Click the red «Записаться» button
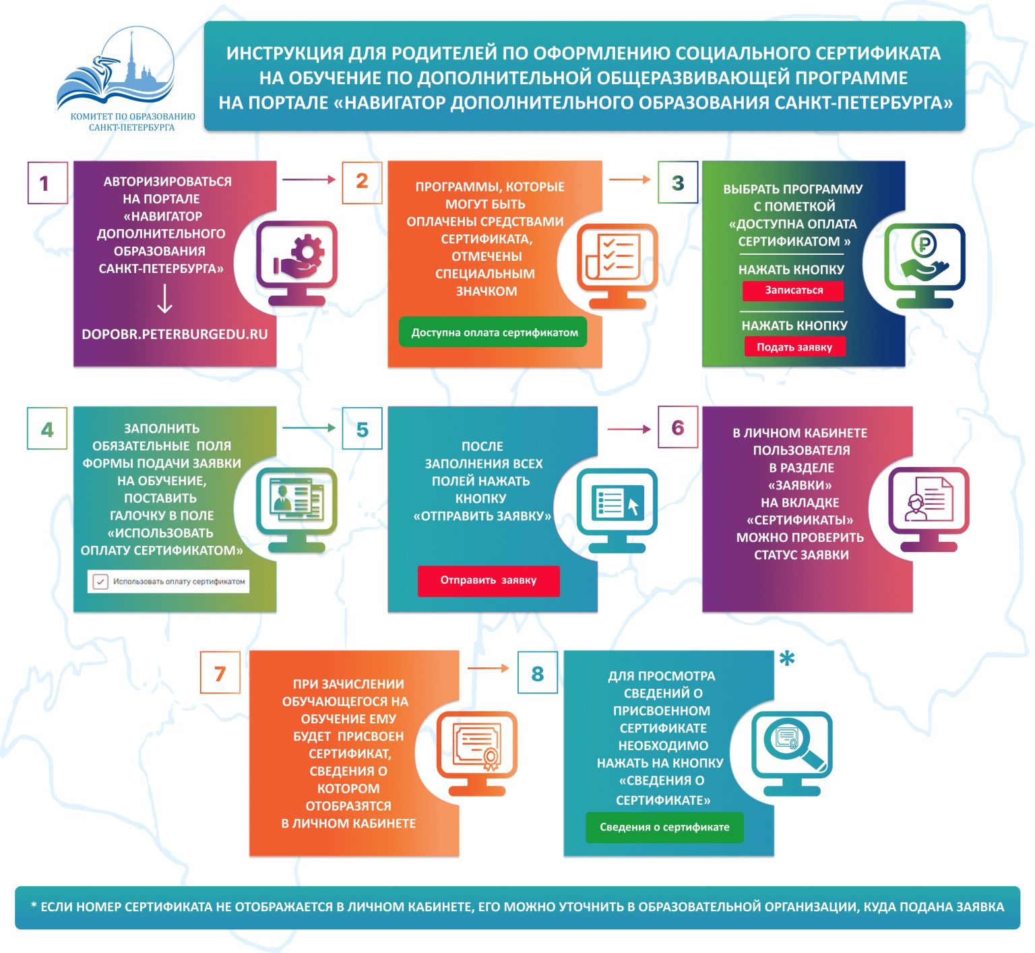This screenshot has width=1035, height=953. [x=793, y=290]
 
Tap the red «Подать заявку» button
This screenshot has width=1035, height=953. [x=794, y=347]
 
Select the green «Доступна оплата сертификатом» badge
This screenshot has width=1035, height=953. [x=494, y=332]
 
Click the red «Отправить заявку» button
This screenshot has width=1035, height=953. [x=489, y=580]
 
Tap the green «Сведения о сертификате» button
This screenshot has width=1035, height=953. [x=664, y=827]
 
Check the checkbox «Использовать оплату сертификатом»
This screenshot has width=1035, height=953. [x=100, y=582]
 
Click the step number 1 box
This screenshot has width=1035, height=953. [x=47, y=183]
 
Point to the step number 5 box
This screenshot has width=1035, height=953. [x=363, y=429]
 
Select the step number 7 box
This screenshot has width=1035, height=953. [x=220, y=673]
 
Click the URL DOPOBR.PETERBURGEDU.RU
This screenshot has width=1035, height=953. [x=175, y=334]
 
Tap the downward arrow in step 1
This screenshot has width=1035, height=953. [x=164, y=299]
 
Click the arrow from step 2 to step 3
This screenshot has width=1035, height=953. [x=629, y=179]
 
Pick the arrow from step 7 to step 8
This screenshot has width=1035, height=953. [x=488, y=668]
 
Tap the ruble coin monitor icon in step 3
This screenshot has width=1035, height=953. [x=924, y=264]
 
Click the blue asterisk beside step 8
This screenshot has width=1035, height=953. [x=786, y=659]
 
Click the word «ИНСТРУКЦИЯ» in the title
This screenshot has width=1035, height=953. [x=284, y=53]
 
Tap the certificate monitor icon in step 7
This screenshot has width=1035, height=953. [x=477, y=750]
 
